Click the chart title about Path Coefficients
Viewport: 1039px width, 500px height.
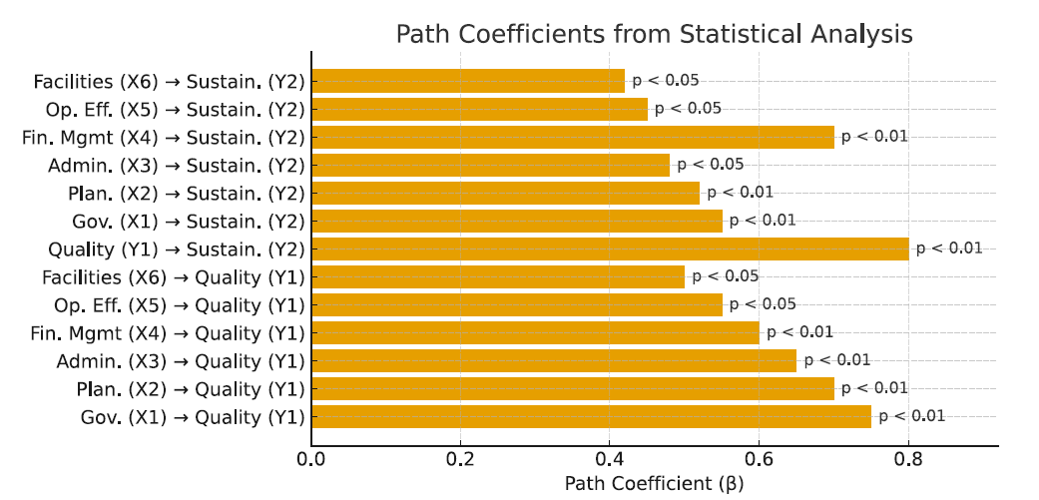point(654,34)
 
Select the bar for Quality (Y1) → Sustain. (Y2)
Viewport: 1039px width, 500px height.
point(610,249)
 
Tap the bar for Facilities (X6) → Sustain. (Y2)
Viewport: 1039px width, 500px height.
point(468,81)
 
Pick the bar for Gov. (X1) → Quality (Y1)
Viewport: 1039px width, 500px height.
point(591,416)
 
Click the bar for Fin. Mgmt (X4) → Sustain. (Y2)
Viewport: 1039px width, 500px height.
point(573,137)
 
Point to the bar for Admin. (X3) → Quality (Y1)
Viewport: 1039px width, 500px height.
point(554,360)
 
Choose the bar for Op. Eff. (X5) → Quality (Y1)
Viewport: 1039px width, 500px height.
point(517,304)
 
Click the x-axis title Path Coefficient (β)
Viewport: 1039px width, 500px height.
point(654,484)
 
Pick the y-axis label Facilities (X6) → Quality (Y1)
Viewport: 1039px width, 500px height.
point(174,276)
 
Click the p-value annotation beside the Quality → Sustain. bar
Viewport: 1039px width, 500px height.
point(949,248)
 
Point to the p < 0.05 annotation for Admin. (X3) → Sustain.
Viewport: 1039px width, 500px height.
point(710,164)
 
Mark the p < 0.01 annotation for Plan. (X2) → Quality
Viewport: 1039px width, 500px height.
point(874,387)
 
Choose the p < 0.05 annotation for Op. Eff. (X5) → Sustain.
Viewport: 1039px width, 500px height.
point(688,108)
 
